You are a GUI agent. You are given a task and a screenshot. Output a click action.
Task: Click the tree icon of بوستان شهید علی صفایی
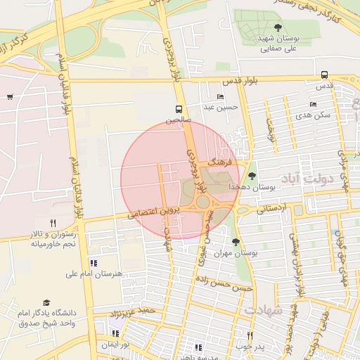(x=268, y=28)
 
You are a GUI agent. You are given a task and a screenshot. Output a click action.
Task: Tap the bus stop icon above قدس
(x=324, y=75)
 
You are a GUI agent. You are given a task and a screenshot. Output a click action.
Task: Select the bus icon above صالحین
(x=179, y=110)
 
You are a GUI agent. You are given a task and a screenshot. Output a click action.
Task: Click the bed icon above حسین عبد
(x=221, y=96)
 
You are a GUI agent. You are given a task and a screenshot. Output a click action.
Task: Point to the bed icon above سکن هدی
(x=313, y=104)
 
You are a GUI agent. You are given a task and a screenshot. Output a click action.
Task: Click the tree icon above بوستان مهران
(x=236, y=241)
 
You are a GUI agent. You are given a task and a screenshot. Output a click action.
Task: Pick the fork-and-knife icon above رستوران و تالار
(x=53, y=223)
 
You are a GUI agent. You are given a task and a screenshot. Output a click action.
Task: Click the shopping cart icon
(x=9, y=97)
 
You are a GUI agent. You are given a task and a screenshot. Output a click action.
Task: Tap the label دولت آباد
(x=307, y=179)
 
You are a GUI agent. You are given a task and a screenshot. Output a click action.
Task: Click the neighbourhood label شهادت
(x=263, y=310)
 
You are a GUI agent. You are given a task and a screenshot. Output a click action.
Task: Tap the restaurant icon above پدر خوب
(x=248, y=335)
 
